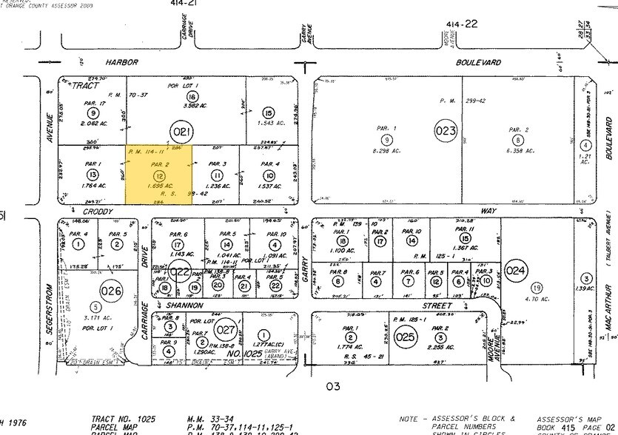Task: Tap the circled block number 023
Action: (445, 132)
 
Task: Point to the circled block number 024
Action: (516, 272)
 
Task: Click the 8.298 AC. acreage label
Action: (386, 150)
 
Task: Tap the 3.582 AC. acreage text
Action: (193, 107)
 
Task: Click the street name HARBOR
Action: (122, 64)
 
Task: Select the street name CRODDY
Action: (98, 212)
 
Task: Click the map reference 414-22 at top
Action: (461, 24)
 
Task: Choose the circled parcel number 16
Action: (193, 97)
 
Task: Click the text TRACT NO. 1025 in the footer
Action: (124, 419)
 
